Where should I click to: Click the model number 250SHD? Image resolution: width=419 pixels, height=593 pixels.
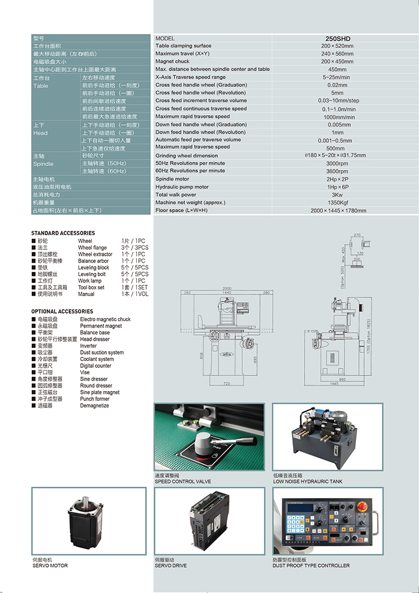pos(337,39)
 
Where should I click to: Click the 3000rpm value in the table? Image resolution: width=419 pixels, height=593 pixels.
pos(337,164)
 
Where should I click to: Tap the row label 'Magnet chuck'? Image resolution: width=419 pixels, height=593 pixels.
pos(172,61)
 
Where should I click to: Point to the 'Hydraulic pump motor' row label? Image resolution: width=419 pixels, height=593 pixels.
pos(182,187)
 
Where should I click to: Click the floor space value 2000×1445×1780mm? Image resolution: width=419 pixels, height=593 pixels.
pos(338,211)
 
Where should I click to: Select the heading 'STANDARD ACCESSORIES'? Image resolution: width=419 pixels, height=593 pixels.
pos(63,233)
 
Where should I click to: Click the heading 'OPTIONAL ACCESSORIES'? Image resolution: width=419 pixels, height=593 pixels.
pos(62,311)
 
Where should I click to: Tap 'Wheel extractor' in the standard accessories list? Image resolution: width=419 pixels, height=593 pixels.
pos(95,255)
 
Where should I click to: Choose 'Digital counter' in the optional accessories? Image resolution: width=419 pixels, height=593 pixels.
pos(96,366)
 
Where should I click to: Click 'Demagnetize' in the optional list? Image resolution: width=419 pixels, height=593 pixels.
pos(95,406)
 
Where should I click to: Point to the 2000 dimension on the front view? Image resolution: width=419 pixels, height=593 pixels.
pos(227,288)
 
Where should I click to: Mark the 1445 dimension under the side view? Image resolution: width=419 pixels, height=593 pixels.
pos(333,384)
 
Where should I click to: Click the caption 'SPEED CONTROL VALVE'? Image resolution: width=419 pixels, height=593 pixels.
pos(183,481)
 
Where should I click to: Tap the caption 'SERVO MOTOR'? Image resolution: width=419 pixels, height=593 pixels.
pos(50,565)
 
